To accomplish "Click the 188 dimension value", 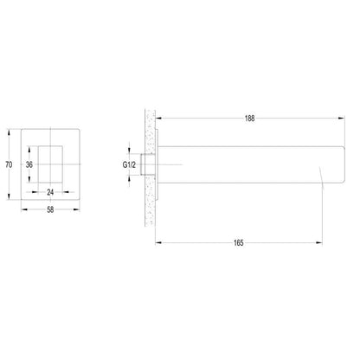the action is click(x=249, y=119).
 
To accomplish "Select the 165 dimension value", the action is click(x=239, y=243).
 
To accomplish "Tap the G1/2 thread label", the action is click(x=129, y=164).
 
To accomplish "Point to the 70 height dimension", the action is click(x=9, y=164).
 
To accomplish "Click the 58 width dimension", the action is click(x=50, y=209).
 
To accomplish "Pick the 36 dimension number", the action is click(x=29, y=164).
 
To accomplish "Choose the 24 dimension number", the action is click(x=50, y=192).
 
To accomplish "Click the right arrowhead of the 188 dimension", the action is click(x=342, y=118).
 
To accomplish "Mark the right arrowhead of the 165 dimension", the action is click(x=319, y=243).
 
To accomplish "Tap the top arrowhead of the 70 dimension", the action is click(x=9, y=132).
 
